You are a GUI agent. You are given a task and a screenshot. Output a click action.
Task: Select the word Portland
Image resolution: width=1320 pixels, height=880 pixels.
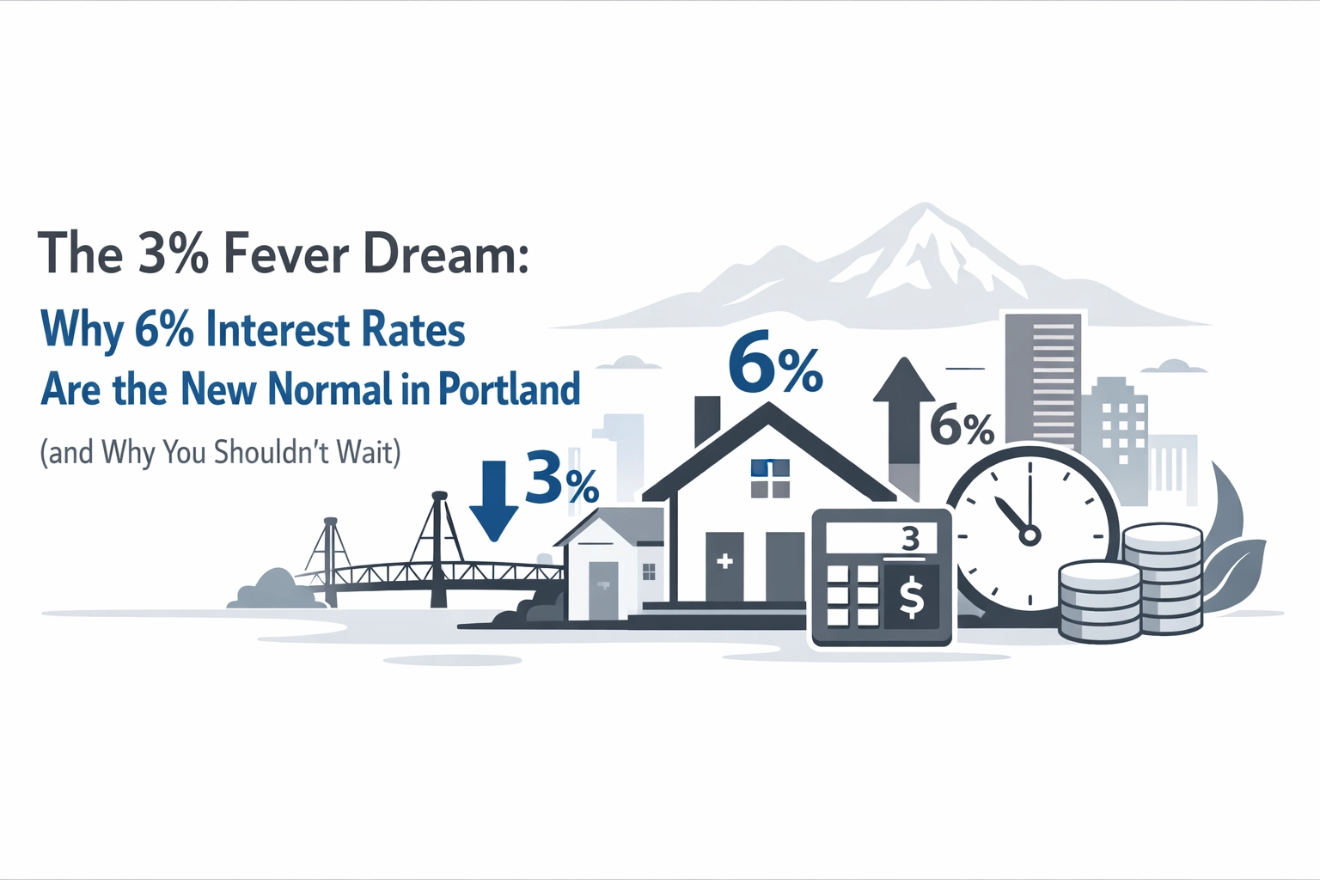click(x=509, y=389)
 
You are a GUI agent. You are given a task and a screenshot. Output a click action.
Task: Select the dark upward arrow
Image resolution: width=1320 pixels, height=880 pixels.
click(x=904, y=421)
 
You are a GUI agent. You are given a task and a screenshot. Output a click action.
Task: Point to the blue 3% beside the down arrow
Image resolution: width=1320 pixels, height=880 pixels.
click(x=561, y=478)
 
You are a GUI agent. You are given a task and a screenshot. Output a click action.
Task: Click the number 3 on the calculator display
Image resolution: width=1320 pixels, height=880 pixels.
click(x=910, y=540)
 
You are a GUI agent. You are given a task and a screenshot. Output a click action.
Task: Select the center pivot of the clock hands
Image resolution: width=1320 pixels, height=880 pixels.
click(x=1029, y=535)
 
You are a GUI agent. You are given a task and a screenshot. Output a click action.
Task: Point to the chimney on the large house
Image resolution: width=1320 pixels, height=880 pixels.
click(x=706, y=421)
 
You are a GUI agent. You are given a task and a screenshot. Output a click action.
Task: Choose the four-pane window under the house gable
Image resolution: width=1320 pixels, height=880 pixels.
click(x=769, y=479)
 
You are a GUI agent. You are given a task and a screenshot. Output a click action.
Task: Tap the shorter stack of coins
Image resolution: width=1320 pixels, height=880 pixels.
click(x=1100, y=602)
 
